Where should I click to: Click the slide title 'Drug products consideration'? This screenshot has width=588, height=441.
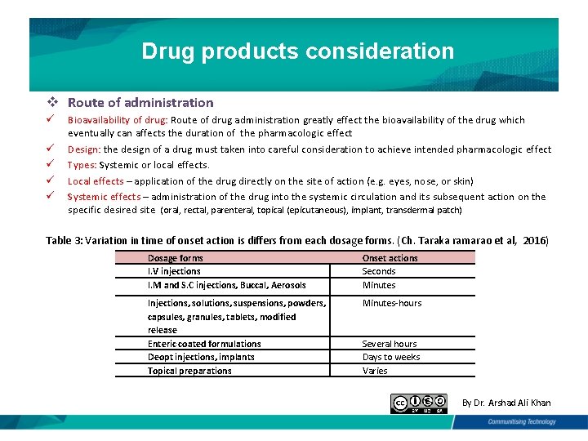pyautogui.click(x=297, y=51)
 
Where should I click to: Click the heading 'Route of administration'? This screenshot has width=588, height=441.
pyautogui.click(x=140, y=103)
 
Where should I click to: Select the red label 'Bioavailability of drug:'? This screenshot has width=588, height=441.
pyautogui.click(x=118, y=120)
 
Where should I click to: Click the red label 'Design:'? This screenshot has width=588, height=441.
pyautogui.click(x=83, y=149)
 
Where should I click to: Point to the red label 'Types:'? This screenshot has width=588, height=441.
pyautogui.click(x=82, y=165)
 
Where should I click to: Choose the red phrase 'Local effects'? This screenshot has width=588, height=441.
pyautogui.click(x=96, y=181)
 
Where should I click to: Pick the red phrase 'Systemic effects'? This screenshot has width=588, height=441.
pyautogui.click(x=104, y=197)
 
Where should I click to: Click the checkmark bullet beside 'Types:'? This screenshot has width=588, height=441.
pyautogui.click(x=51, y=164)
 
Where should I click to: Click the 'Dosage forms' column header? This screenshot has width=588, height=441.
pyautogui.click(x=175, y=258)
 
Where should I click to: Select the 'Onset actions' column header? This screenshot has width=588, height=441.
pyautogui.click(x=390, y=258)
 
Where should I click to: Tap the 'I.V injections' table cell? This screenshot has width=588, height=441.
pyautogui.click(x=174, y=271)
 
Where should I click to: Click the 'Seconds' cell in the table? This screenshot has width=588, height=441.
pyautogui.click(x=379, y=271)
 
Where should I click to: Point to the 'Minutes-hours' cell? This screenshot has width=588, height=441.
pyautogui.click(x=392, y=303)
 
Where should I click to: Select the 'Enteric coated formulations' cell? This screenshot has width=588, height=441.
pyautogui.click(x=204, y=344)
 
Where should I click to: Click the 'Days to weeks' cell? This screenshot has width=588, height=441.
pyautogui.click(x=391, y=357)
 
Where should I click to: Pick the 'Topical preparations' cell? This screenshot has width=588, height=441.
pyautogui.click(x=189, y=371)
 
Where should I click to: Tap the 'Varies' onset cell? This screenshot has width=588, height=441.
pyautogui.click(x=375, y=371)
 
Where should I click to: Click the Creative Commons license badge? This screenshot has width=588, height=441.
pyautogui.click(x=419, y=403)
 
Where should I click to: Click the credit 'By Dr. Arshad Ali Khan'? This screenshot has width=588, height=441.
pyautogui.click(x=506, y=403)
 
